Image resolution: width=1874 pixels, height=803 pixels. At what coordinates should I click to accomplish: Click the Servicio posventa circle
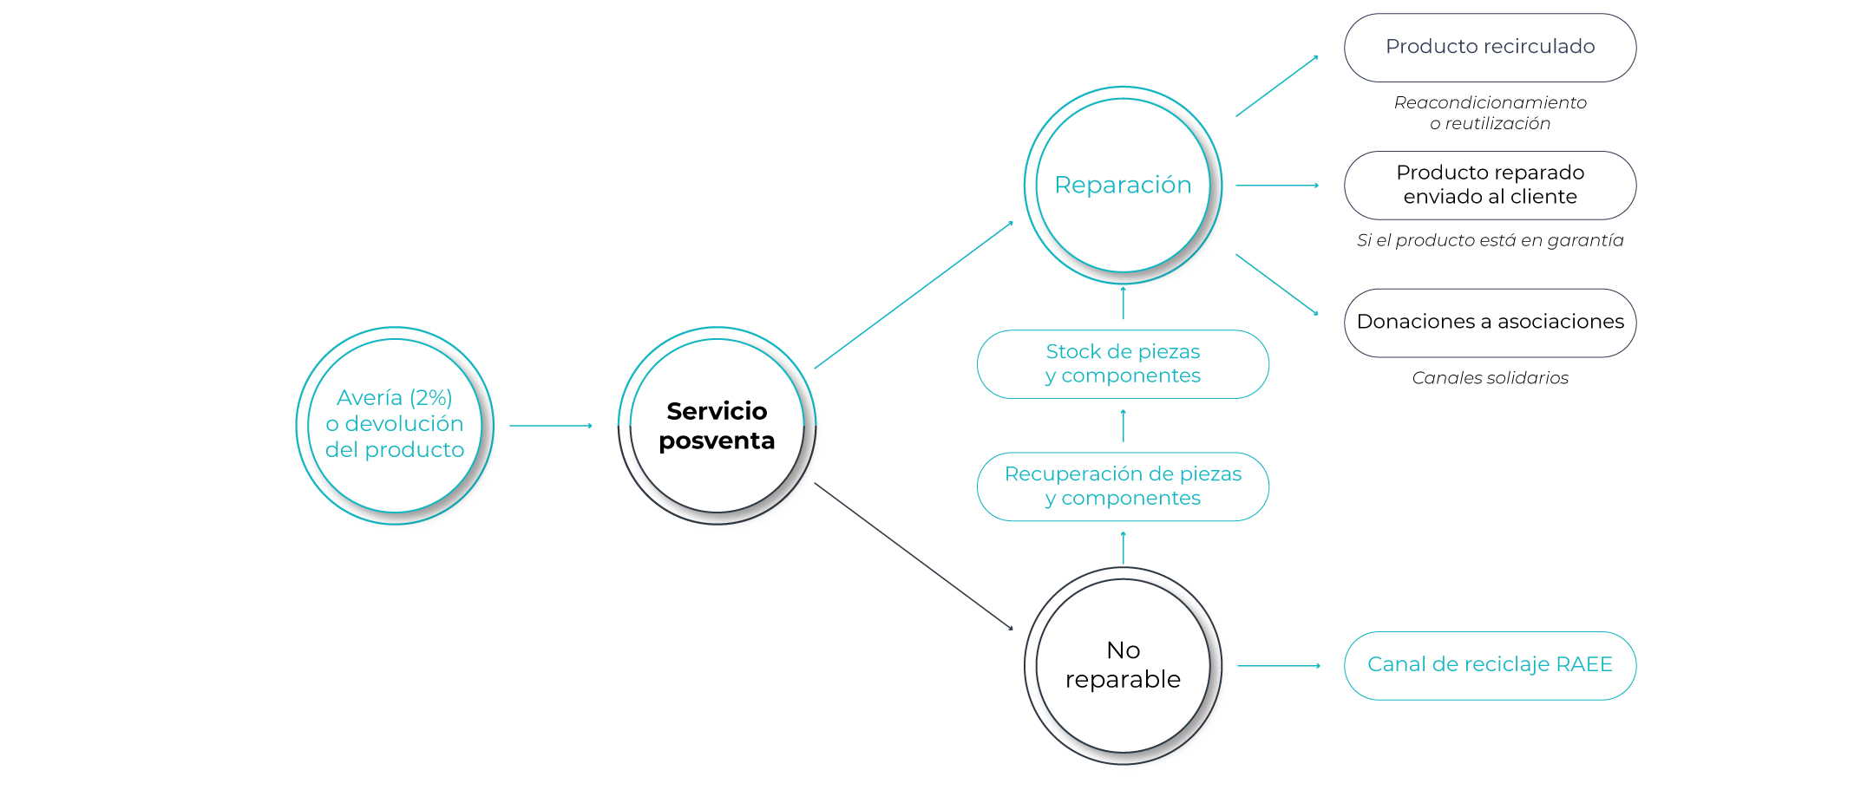pyautogui.click(x=717, y=426)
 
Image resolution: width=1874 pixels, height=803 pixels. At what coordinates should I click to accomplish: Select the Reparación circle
pyautogui.click(x=1123, y=185)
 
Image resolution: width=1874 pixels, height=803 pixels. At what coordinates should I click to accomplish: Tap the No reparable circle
pyautogui.click(x=1123, y=665)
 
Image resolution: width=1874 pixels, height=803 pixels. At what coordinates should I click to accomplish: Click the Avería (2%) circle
pyautogui.click(x=395, y=426)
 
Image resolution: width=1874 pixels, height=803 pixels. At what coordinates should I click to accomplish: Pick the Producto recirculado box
pyautogui.click(x=1490, y=48)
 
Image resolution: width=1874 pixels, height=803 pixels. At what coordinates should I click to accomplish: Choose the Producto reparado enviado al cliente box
pyautogui.click(x=1490, y=186)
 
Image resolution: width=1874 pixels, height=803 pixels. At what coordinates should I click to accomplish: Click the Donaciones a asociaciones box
pyautogui.click(x=1490, y=323)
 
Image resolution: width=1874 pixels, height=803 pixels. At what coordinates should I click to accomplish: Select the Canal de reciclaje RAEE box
pyautogui.click(x=1490, y=665)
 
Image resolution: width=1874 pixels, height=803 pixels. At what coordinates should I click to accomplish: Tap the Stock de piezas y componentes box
pyautogui.click(x=1123, y=364)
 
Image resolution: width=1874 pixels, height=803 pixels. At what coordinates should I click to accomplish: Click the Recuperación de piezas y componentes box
pyautogui.click(x=1123, y=486)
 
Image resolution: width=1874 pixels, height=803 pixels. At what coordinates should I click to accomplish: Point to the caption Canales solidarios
pyautogui.click(x=1490, y=378)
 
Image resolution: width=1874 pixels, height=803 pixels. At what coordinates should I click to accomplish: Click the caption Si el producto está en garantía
pyautogui.click(x=1490, y=240)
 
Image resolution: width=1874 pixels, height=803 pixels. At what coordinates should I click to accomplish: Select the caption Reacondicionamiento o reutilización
pyautogui.click(x=1490, y=113)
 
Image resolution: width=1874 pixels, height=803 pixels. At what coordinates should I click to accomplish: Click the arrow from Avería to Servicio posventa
pyautogui.click(x=550, y=426)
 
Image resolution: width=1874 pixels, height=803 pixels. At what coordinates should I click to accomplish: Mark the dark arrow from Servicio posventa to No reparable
pyautogui.click(x=913, y=556)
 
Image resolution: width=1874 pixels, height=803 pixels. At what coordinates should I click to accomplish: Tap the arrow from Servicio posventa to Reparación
pyautogui.click(x=913, y=296)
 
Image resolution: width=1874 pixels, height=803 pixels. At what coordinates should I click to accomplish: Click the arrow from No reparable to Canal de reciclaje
pyautogui.click(x=1278, y=665)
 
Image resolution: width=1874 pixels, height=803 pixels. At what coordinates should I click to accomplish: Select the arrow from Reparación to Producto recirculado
pyautogui.click(x=1276, y=87)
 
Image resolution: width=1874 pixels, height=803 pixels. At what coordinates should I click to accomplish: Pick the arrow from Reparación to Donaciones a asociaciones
pyautogui.click(x=1276, y=284)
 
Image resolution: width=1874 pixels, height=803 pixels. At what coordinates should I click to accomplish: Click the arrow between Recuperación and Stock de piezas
pyautogui.click(x=1123, y=426)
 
